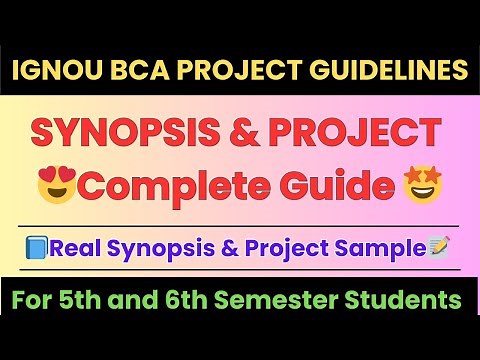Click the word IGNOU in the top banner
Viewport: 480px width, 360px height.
(51, 71)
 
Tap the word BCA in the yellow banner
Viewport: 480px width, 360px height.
(122, 71)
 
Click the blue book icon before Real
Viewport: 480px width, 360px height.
(36, 247)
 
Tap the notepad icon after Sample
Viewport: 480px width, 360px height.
(438, 247)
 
